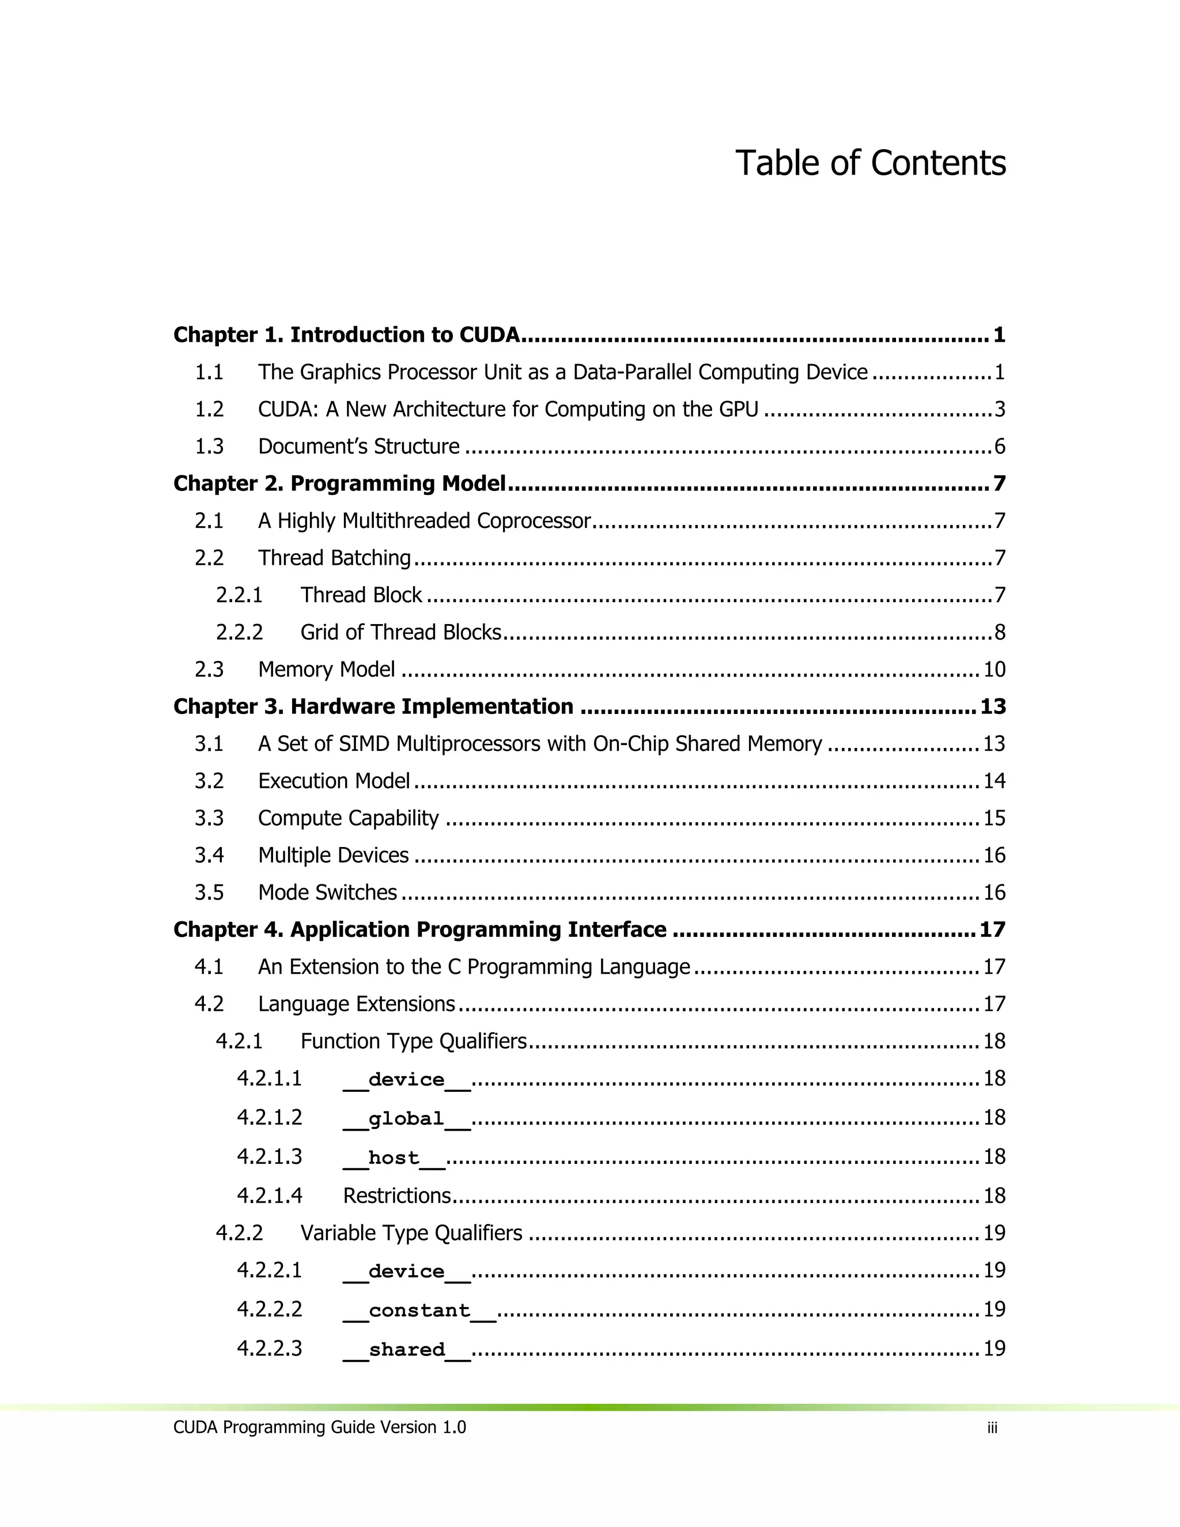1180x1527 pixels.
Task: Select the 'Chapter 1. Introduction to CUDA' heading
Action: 346,335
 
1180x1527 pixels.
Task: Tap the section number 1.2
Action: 209,409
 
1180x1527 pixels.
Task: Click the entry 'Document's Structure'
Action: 358,446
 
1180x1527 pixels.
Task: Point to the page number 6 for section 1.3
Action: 999,446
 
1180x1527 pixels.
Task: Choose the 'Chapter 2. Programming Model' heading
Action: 339,483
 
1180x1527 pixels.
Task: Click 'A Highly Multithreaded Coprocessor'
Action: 424,521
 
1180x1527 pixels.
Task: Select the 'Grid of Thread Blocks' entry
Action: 400,632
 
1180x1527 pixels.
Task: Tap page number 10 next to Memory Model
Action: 993,670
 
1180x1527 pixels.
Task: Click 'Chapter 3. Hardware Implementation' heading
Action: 373,706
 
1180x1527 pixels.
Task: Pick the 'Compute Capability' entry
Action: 348,818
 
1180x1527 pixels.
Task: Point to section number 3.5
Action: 209,892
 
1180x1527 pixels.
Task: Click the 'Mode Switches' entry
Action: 327,892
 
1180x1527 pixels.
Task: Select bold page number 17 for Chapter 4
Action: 992,929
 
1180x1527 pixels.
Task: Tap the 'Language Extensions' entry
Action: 357,1004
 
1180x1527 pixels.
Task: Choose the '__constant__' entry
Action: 419,1310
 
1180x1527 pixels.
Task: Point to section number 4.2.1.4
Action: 269,1196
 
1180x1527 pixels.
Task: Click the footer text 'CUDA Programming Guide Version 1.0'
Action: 319,1427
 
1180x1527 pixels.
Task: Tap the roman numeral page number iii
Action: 992,1428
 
